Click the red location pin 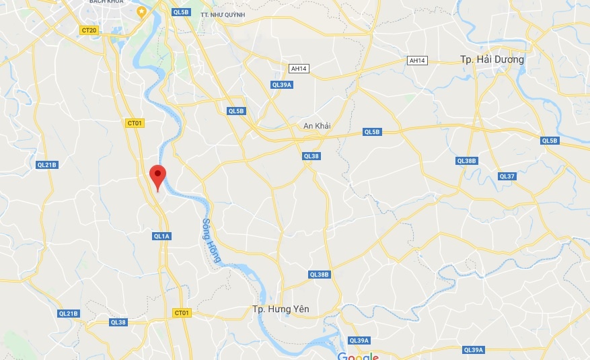click(x=157, y=176)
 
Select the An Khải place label click(x=318, y=126)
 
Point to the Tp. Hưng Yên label click(x=281, y=309)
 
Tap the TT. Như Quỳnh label click(x=223, y=14)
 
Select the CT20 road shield click(x=89, y=30)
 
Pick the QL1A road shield click(x=162, y=236)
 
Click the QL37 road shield click(x=507, y=176)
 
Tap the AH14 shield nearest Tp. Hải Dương click(x=418, y=61)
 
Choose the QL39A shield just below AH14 click(x=282, y=85)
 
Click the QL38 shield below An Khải click(x=311, y=156)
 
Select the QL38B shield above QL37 click(x=466, y=161)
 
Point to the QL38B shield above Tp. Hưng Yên click(x=320, y=275)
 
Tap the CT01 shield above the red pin click(x=135, y=123)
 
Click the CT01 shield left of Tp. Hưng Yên click(x=182, y=313)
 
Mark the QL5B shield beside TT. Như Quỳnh click(x=181, y=12)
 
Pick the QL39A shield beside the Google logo click(x=360, y=340)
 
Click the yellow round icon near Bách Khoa click(x=141, y=11)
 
